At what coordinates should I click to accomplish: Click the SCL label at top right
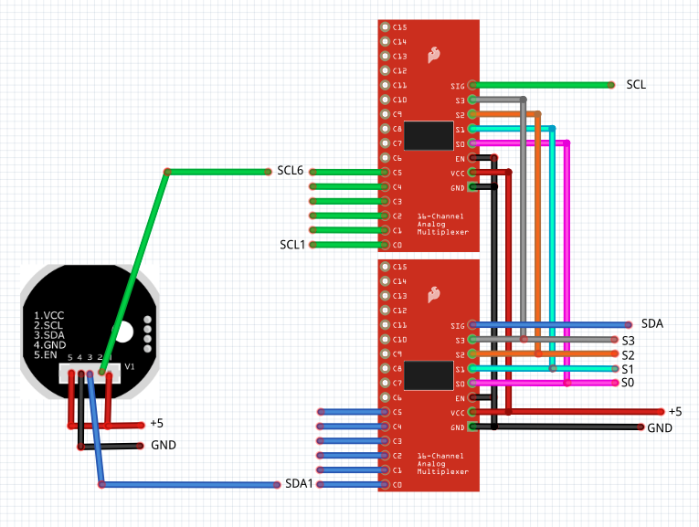[x=636, y=84]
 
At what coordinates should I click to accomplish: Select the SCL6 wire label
[x=290, y=171]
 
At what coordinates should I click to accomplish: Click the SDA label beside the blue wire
[x=652, y=323]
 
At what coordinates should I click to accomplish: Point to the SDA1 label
[x=299, y=483]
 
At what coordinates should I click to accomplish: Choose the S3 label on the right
[x=628, y=340]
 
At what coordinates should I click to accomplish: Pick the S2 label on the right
[x=628, y=354]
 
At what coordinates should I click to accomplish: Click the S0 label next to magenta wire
[x=628, y=383]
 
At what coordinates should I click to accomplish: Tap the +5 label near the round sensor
[x=156, y=424]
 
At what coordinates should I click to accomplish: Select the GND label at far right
[x=660, y=427]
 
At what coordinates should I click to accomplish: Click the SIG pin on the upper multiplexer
[x=471, y=85]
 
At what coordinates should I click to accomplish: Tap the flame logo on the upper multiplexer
[x=433, y=55]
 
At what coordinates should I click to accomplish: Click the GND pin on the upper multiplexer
[x=471, y=187]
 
